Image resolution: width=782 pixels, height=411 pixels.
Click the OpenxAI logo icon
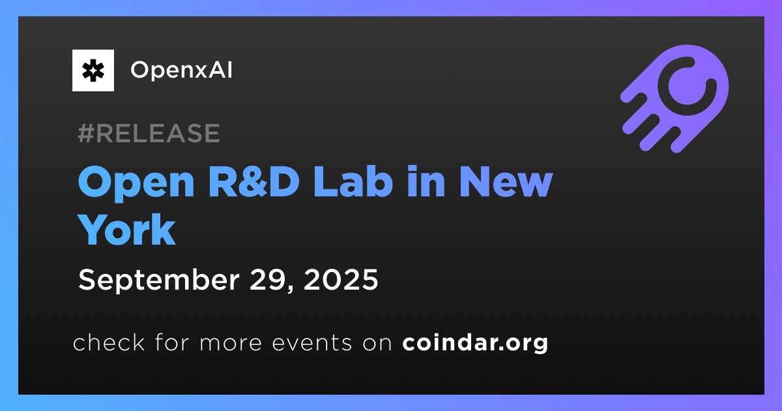93,70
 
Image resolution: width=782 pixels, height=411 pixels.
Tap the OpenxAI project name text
181,70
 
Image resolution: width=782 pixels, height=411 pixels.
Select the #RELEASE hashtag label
149,133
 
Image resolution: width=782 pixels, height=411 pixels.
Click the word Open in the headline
136,183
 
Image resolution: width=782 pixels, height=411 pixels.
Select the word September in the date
159,281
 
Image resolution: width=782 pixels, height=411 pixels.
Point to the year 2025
341,280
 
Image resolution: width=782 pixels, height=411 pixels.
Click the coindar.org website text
475,343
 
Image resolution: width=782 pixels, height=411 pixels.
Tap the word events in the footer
311,343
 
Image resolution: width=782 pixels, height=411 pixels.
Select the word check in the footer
109,342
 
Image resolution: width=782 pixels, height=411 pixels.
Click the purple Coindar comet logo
674,99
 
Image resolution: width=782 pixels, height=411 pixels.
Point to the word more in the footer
231,343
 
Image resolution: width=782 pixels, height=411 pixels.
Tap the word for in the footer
172,342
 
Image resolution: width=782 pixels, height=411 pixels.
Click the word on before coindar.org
377,343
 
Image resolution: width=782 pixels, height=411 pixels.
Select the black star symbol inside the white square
93,70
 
